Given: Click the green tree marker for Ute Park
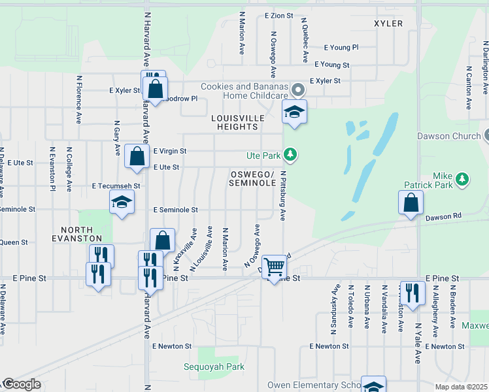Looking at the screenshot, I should pos(290,155).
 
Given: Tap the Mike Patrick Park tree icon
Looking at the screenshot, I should pos(462,178).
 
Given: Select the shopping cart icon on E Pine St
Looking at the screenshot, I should pos(275,266).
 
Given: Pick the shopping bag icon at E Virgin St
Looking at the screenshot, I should pos(136,157).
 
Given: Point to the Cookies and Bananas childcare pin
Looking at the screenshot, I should pos(298,88).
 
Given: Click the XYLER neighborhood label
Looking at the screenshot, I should pos(388,24).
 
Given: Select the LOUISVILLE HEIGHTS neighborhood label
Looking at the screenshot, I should pos(238,122).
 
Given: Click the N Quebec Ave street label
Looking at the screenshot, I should pos(304,40).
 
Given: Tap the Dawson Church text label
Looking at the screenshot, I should pos(448,137).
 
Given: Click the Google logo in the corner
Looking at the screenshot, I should pos(22,385).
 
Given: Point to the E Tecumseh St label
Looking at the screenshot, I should pos(116,186).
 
